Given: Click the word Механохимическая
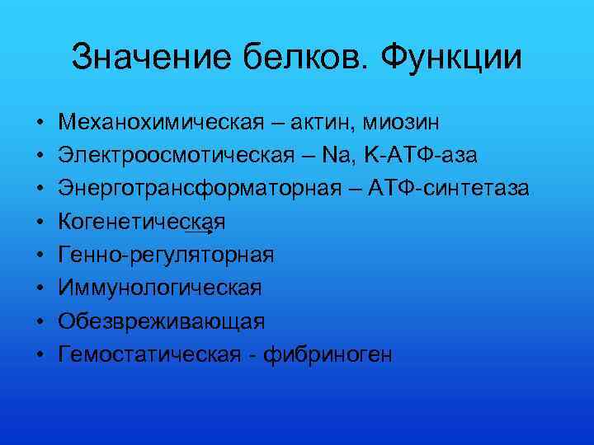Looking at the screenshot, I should click(158, 122).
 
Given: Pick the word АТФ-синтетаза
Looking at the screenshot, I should click(442, 188).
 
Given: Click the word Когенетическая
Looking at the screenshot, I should click(141, 222).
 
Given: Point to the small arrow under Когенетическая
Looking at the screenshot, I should click(202, 233).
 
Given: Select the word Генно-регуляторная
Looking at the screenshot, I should click(165, 255).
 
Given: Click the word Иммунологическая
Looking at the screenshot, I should click(160, 288).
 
